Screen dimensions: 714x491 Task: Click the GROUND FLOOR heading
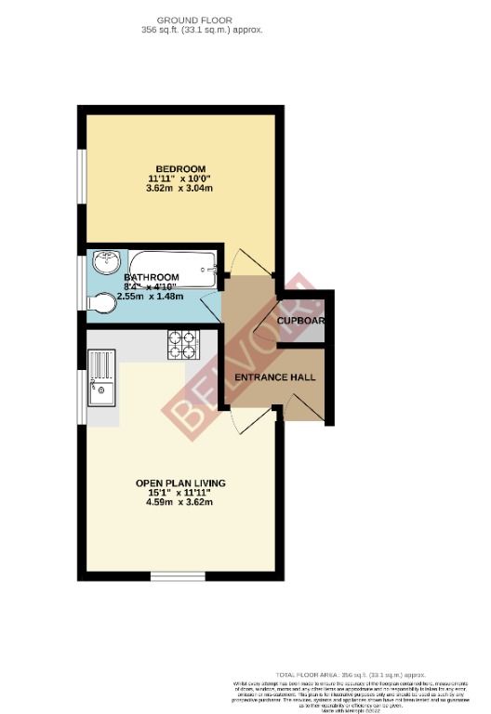pos(194,20)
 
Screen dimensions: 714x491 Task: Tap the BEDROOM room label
pos(176,168)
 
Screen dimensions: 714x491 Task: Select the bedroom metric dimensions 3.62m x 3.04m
pos(179,188)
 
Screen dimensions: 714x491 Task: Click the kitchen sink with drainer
pos(100,379)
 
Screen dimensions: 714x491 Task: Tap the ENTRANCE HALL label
pos(274,378)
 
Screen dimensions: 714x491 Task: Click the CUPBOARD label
pos(299,322)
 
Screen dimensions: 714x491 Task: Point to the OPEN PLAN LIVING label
pos(180,483)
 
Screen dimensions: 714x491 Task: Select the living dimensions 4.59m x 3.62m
pos(180,503)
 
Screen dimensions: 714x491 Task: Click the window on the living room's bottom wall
pos(178,575)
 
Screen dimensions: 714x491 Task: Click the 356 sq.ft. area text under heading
pos(194,30)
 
